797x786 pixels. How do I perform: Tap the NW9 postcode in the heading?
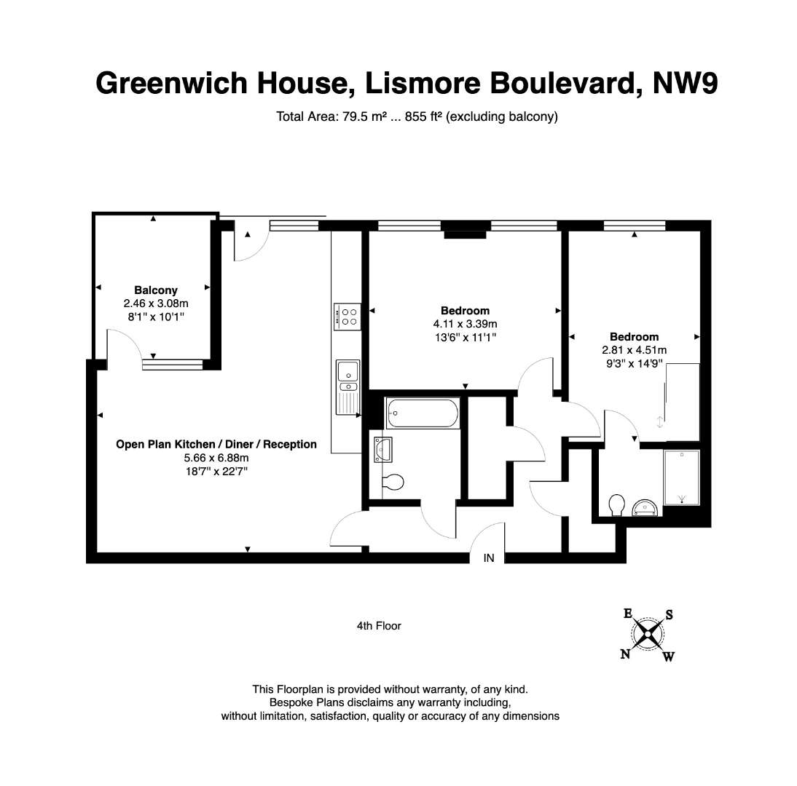tap(685, 83)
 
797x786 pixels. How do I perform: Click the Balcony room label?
tap(155, 290)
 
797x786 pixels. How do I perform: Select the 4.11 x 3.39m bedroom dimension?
tap(465, 324)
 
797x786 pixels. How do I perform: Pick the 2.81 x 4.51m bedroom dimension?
tap(634, 350)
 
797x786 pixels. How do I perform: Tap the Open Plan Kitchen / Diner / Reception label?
tap(216, 444)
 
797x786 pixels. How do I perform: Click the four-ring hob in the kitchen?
tap(348, 317)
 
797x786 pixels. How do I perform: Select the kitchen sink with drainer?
tap(348, 386)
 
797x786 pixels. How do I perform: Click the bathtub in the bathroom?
tap(423, 413)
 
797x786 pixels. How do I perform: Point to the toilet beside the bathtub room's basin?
tap(393, 481)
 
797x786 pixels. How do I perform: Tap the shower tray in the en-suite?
tap(682, 477)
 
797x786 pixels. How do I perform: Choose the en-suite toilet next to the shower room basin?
tap(616, 505)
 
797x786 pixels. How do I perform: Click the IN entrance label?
tap(488, 558)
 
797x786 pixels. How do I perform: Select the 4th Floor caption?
tap(379, 626)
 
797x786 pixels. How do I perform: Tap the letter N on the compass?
tap(625, 654)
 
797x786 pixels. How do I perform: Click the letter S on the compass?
tap(670, 615)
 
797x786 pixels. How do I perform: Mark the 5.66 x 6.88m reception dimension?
tap(216, 458)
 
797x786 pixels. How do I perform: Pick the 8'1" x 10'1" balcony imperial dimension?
tap(155, 317)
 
